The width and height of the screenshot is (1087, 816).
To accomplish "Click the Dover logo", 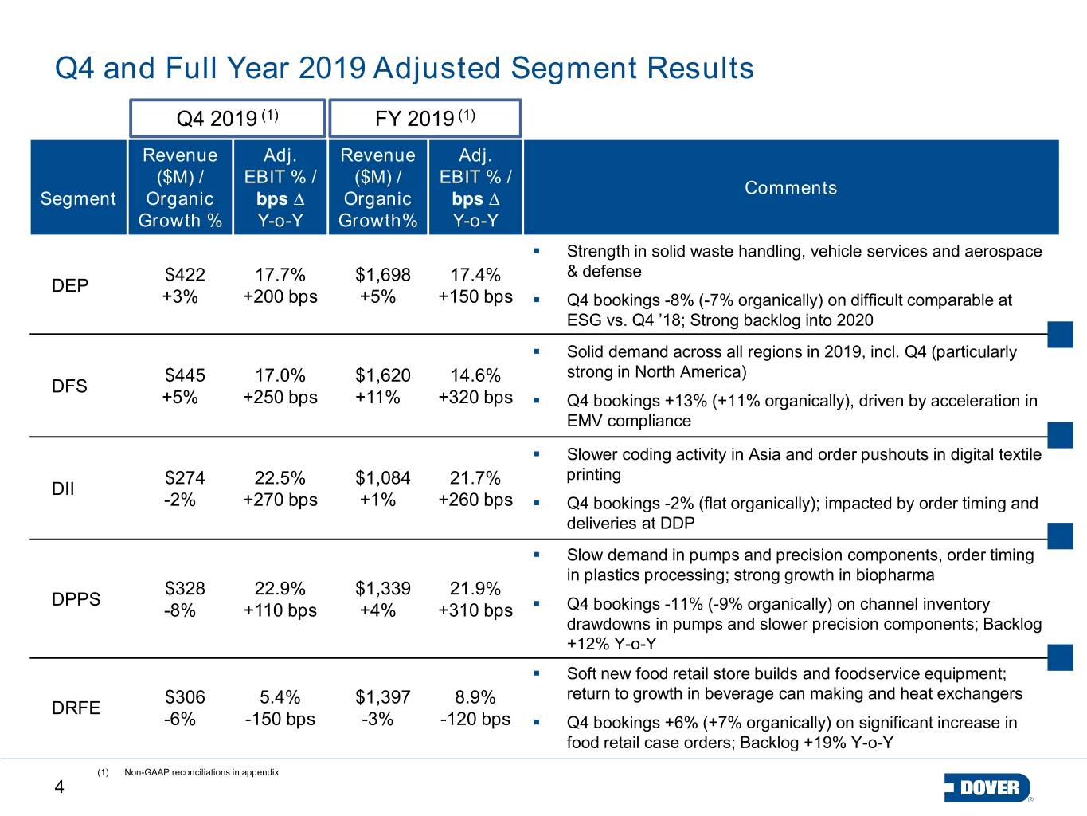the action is (988, 787).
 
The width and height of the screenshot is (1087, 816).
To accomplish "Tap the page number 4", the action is (59, 787).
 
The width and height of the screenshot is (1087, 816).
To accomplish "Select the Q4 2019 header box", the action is (227, 118).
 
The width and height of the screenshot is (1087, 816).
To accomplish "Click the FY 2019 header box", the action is (425, 118).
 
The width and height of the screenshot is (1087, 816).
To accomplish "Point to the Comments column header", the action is (791, 188).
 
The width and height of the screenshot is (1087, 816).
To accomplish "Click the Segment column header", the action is (78, 198).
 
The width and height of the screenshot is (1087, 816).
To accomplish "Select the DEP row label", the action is (70, 285).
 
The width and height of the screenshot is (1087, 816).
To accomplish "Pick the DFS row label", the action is (69, 386).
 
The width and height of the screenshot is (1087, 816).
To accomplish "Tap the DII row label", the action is (63, 488).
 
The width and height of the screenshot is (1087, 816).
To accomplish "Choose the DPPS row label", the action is (76, 599).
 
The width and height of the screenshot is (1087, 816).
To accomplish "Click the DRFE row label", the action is (76, 708).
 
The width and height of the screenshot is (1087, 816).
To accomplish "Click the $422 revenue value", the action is (185, 274).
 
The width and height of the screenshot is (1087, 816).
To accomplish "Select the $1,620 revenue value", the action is (383, 375).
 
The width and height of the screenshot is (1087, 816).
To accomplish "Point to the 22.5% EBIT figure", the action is (280, 477).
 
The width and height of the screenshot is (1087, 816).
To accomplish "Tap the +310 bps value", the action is (475, 610).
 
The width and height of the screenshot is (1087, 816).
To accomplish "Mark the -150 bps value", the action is (280, 719).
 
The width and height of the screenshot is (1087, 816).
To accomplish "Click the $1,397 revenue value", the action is (383, 697).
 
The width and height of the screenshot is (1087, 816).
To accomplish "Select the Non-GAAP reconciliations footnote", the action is (201, 772).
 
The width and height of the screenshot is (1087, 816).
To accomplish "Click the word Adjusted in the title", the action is (436, 69).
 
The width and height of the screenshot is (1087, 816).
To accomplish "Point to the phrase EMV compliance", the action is (628, 421).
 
